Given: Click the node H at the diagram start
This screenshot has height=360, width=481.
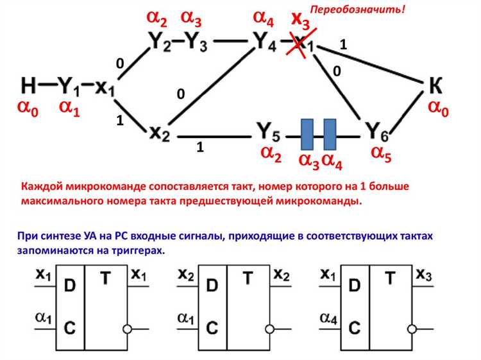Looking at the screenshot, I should pyautogui.click(x=30, y=85).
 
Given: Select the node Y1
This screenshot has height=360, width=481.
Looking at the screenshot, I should pyautogui.click(x=67, y=85).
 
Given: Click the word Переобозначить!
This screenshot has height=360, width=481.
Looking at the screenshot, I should pyautogui.click(x=358, y=10).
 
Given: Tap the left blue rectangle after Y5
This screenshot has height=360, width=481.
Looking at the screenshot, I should pyautogui.click(x=307, y=133).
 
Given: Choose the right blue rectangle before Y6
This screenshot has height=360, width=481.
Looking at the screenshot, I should pyautogui.click(x=330, y=133).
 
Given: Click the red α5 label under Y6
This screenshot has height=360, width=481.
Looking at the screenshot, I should pyautogui.click(x=381, y=154).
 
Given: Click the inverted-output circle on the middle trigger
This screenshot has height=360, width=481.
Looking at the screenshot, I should pyautogui.click(x=272, y=329).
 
